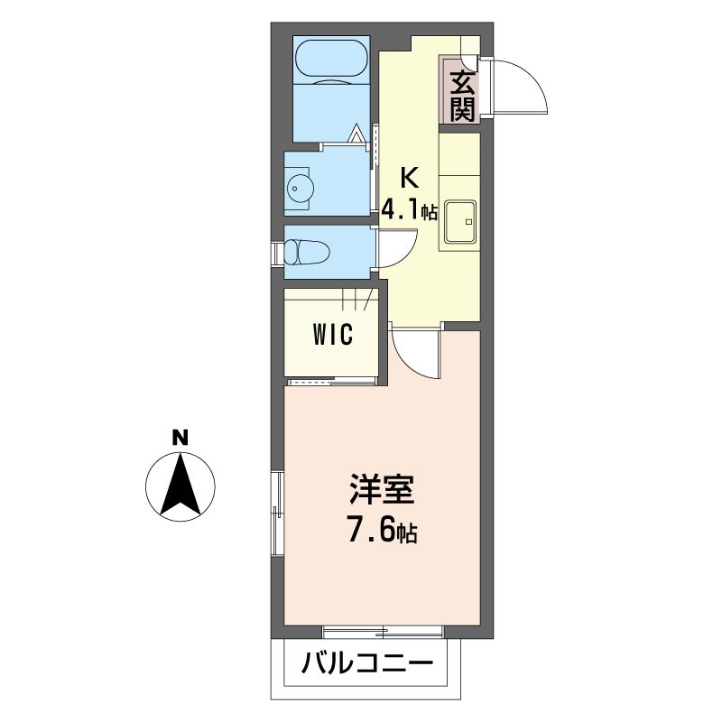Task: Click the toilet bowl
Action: coord(306,252)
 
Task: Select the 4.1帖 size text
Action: coord(409,212)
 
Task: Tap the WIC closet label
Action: coord(333,335)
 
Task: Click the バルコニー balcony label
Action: coord(367,667)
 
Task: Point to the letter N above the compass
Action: coord(180,439)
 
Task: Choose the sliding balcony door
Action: coord(384,630)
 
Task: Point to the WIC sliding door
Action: coord(330,382)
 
